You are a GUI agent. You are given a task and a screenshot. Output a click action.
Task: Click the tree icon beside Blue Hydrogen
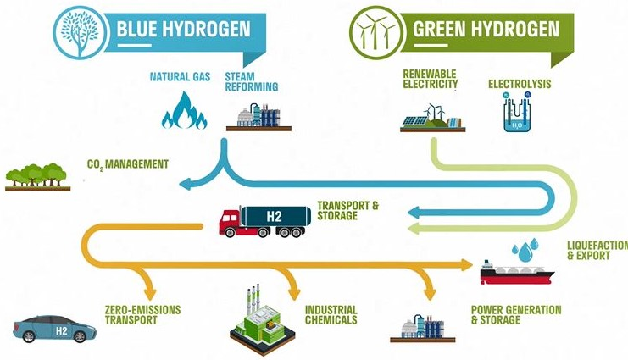81,32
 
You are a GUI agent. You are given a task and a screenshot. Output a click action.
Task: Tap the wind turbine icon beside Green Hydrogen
376,32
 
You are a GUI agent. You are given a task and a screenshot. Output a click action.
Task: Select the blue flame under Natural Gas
184,110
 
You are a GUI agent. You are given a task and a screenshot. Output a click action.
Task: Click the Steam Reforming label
251,81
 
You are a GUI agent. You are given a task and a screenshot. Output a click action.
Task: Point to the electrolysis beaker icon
518,112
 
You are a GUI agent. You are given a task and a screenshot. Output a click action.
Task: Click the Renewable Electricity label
431,79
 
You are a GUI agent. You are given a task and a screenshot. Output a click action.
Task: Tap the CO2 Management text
128,164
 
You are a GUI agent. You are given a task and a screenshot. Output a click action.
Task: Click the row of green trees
37,177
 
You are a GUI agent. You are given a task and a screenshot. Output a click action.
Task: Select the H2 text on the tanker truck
275,217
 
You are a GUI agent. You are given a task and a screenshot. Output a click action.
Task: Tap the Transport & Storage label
347,211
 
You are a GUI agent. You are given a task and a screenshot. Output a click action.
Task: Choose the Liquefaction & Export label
597,250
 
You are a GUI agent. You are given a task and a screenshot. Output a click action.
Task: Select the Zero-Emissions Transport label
142,315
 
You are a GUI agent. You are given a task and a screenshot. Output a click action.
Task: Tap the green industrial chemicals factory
263,320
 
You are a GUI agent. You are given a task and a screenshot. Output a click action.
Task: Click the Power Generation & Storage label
516,315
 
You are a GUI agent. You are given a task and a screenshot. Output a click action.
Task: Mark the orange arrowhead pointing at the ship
467,264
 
